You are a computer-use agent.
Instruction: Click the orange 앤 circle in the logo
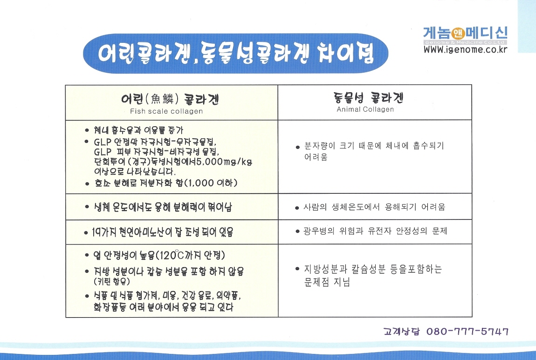pos(458,34)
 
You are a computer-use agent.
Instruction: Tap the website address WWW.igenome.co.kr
pos(465,49)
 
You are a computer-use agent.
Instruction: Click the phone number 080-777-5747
pos(467,331)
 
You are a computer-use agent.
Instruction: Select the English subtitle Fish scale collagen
pos(166,111)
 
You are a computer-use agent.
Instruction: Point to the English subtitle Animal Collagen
pos(365,109)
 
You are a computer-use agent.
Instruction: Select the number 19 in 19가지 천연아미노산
pos(96,232)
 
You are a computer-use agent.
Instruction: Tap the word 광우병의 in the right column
pos(319,231)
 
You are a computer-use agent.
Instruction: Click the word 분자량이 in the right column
pos(320,146)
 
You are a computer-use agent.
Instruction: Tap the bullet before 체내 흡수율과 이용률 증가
pos(87,130)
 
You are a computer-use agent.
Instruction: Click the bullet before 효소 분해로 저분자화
pos(87,183)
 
